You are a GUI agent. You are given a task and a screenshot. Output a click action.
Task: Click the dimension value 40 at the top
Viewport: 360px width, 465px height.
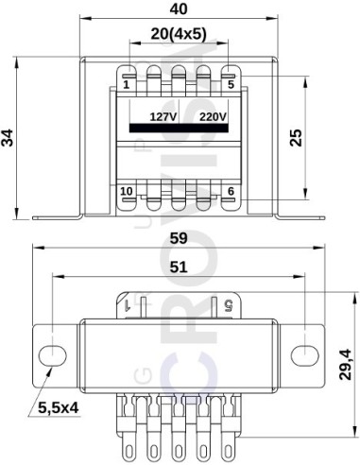pyautogui.click(x=177, y=9)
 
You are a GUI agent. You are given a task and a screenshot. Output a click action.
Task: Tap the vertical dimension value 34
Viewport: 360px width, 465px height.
pyautogui.click(x=9, y=138)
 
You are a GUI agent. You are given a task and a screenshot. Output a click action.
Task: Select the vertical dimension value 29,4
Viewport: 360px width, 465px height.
pyautogui.click(x=346, y=365)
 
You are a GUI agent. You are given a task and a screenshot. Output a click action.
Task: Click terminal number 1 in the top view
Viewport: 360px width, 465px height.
pyautogui.click(x=127, y=85)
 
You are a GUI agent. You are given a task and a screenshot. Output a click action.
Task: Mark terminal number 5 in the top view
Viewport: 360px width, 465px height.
pyautogui.click(x=230, y=85)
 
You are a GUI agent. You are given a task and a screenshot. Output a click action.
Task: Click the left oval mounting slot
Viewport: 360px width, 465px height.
pyautogui.click(x=51, y=353)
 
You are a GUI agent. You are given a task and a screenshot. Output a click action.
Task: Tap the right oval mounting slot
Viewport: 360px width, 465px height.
pyautogui.click(x=304, y=353)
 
